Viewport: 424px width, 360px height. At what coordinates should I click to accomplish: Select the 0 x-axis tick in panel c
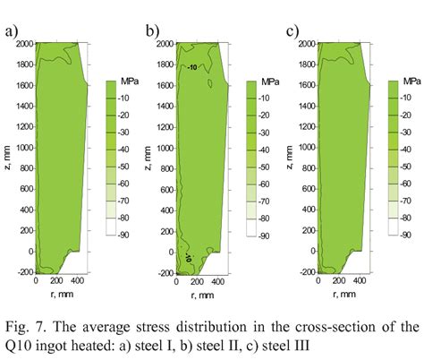point(318,280)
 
